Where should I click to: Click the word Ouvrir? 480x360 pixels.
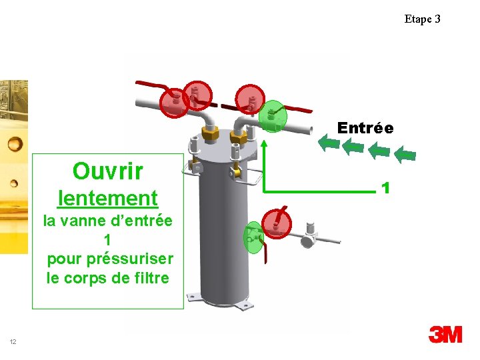107,171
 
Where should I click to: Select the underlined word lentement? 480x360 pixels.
108,198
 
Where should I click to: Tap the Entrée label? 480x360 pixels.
365,127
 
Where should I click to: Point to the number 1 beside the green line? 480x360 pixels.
385,188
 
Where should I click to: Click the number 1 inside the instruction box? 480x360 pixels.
107,239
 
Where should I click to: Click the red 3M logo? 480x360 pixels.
445,334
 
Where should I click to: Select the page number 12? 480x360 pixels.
13,342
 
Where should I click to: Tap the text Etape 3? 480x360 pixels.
422,19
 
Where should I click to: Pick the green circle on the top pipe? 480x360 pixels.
272,116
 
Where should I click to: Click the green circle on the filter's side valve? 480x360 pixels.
253,237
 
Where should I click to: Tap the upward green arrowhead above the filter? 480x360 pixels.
264,143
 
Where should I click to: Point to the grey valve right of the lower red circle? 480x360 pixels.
309,235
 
